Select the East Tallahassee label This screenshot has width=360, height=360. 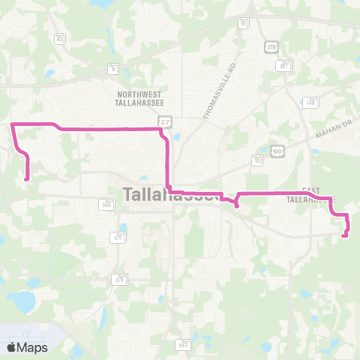pyautogui.click(x=310, y=196)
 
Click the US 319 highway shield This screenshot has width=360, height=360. pyautogui.click(x=271, y=46)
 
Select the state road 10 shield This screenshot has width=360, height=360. pyautogui.click(x=258, y=160)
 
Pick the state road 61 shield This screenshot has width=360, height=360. pyautogui.click(x=244, y=24)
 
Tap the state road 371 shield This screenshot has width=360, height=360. pyautogui.click(x=118, y=237)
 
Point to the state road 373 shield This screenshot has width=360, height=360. pyautogui.click(x=119, y=279)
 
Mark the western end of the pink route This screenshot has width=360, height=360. pyautogui.click(x=28, y=179)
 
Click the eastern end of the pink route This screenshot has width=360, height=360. pyautogui.click(x=343, y=236)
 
